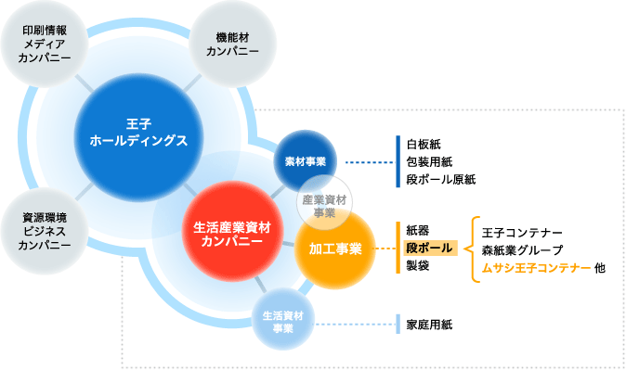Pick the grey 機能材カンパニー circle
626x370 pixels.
coord(232,44)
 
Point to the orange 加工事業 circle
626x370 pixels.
coord(331,249)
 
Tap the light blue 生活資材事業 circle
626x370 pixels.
coord(283,321)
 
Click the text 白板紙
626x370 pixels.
coord(424,144)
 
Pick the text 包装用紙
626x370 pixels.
coord(429,161)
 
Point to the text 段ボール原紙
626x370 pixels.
coord(440,179)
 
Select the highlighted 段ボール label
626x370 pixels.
coord(428,249)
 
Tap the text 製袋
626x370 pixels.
coord(417,266)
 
